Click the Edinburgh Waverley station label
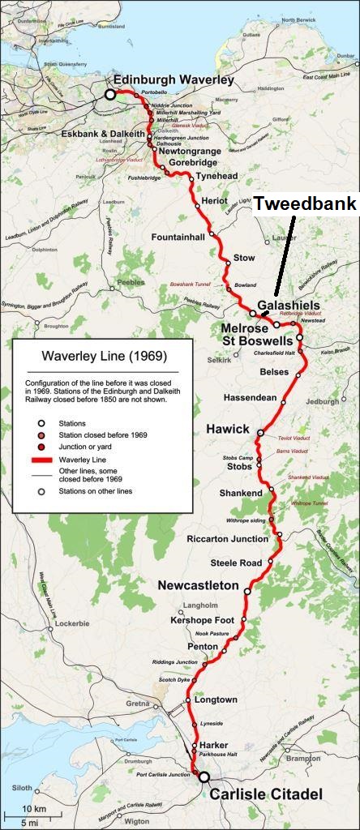click(173, 79)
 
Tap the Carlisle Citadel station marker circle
click(204, 777)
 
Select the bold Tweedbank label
click(305, 203)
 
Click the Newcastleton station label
click(198, 584)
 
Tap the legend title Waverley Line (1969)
click(101, 356)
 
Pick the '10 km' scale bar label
click(33, 809)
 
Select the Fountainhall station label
click(179, 237)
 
